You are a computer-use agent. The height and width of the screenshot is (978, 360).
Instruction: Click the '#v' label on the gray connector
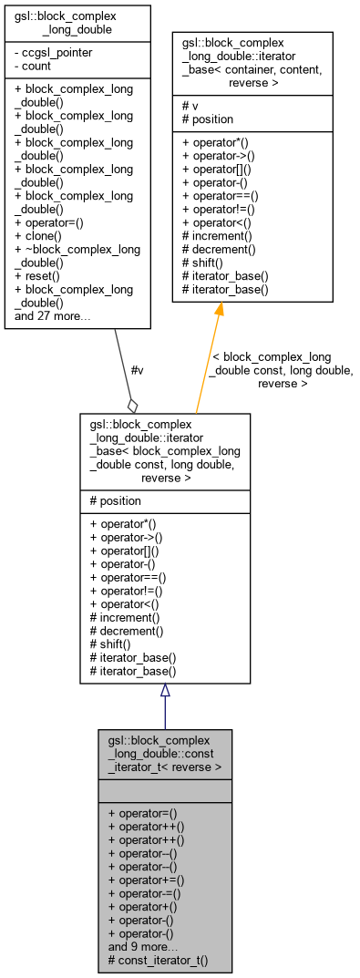click(x=138, y=369)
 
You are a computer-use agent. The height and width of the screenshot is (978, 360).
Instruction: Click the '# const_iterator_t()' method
click(x=158, y=960)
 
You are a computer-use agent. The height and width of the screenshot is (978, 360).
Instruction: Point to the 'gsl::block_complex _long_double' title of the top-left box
click(x=77, y=23)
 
